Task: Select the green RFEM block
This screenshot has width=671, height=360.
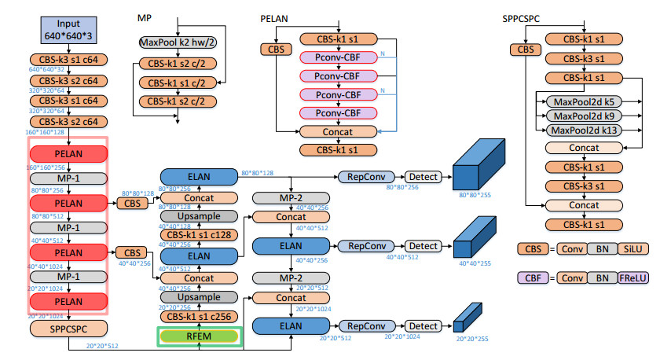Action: pyautogui.click(x=199, y=336)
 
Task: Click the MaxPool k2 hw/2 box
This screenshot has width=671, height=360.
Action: pyautogui.click(x=178, y=42)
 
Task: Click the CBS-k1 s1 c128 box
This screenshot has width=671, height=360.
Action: pyautogui.click(x=199, y=234)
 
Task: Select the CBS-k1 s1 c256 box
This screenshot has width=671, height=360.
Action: pyautogui.click(x=199, y=316)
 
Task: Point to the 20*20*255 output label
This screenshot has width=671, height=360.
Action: pyautogui.click(x=471, y=339)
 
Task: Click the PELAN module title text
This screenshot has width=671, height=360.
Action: pyautogui.click(x=274, y=17)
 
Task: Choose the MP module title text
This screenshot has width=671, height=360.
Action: pyautogui.click(x=145, y=17)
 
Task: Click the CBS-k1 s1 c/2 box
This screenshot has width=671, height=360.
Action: pyautogui.click(x=178, y=83)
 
